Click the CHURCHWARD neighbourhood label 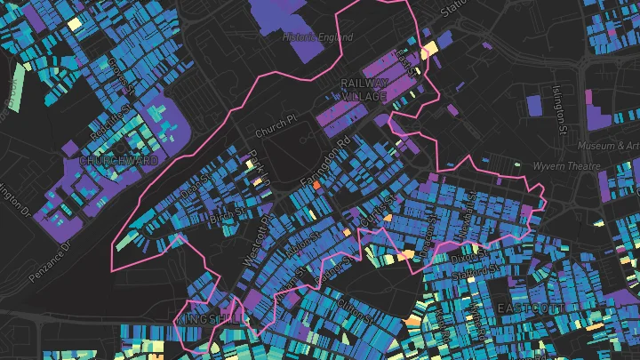click(x=118, y=161)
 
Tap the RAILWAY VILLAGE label click(x=365, y=90)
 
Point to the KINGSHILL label click(x=207, y=316)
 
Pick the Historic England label click(x=317, y=38)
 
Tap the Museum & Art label click(x=608, y=145)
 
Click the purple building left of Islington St click(x=534, y=105)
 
